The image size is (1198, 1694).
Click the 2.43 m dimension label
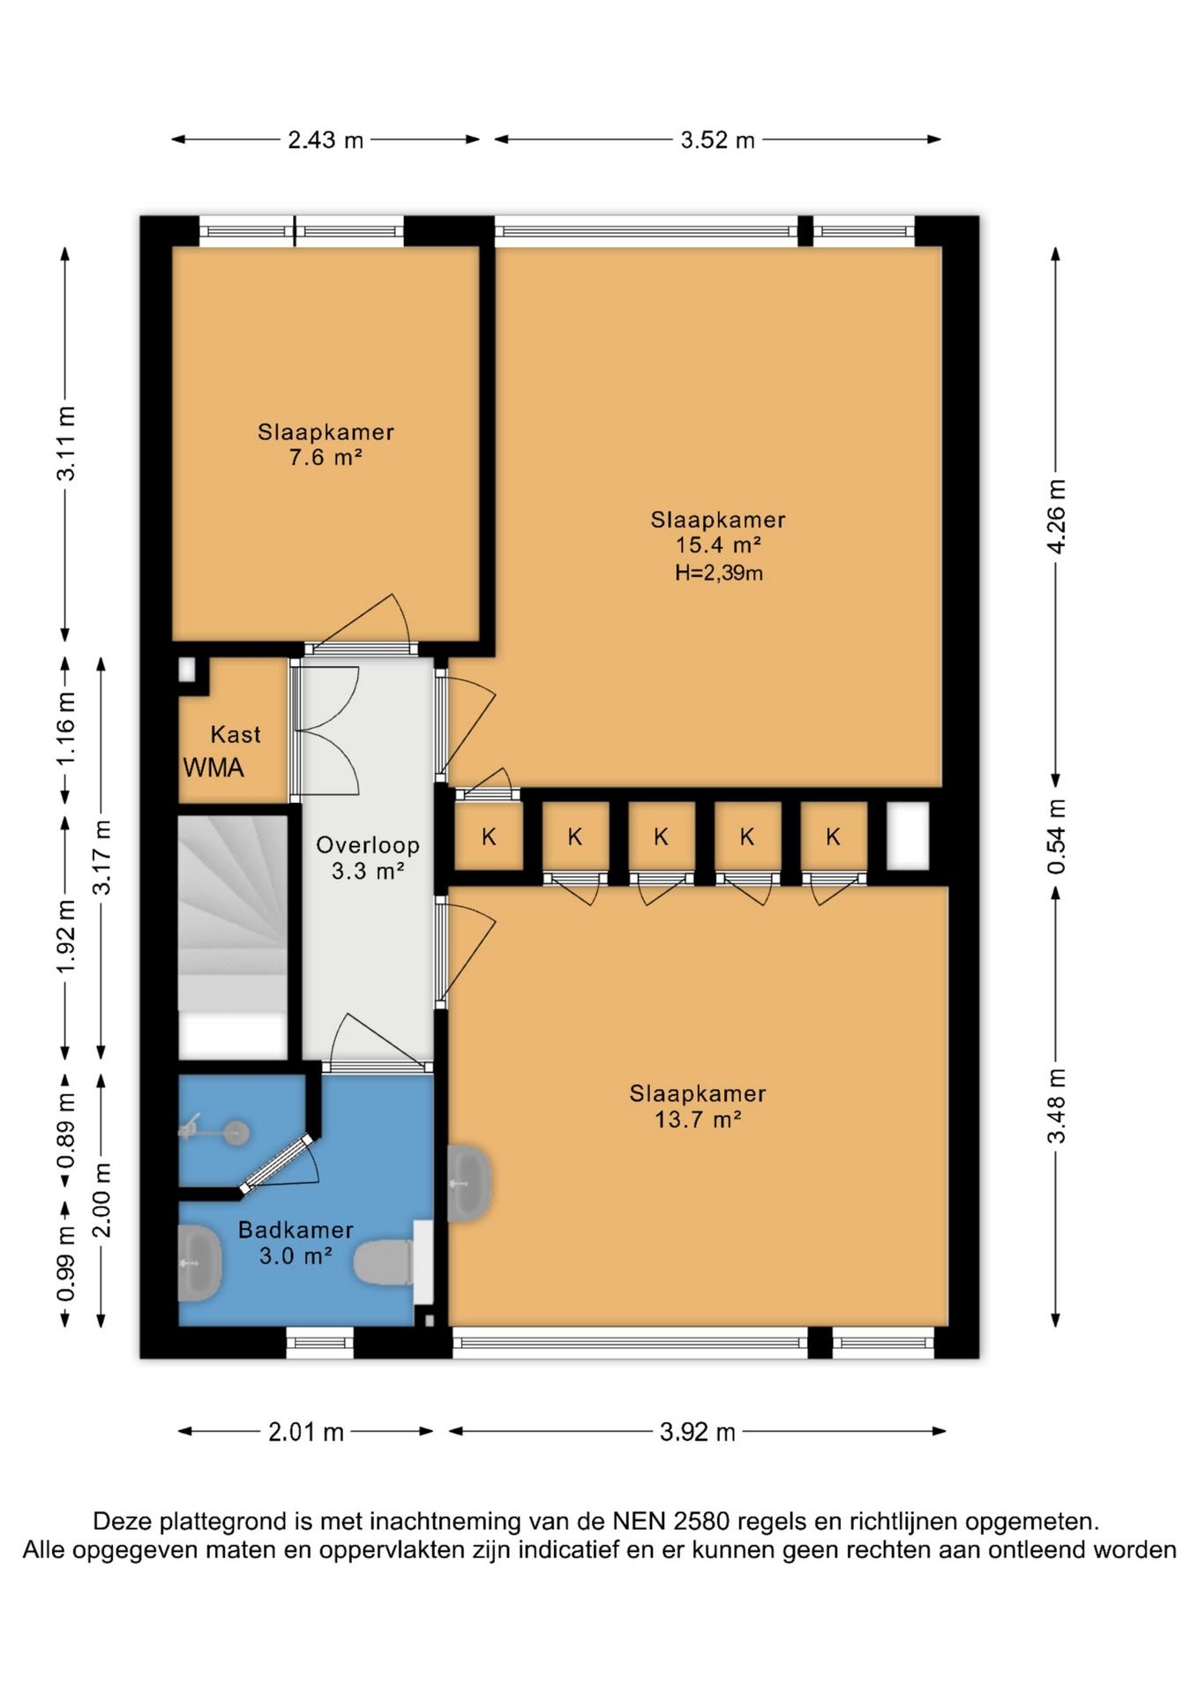pos(326,139)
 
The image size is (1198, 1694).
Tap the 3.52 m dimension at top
pos(717,139)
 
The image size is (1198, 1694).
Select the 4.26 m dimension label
pos(1055,516)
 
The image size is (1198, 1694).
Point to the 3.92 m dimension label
pos(697,1431)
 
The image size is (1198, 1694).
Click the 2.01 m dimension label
pos(305,1431)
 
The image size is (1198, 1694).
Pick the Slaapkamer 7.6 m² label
pos(326,444)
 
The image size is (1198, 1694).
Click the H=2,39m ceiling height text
pos(719,573)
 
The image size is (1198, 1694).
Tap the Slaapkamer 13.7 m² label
pos(697,1106)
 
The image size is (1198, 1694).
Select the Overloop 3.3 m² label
pos(368,858)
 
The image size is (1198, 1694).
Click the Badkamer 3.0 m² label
pos(296,1242)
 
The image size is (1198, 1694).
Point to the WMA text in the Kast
pos(213,768)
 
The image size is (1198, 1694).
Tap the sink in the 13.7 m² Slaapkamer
pos(469,1183)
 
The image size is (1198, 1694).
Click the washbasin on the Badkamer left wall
pos(199,1263)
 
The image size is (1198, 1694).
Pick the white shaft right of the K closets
pos(908,836)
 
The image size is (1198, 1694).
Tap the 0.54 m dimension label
pos(1055,836)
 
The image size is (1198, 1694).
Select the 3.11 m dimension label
pos(65,444)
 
